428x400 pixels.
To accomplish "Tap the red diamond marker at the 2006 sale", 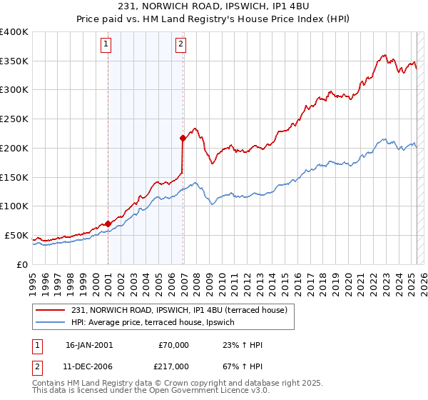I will coord(183,137).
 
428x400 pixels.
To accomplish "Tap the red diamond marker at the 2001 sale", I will coord(108,224).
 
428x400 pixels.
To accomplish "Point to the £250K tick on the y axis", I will coord(14,119).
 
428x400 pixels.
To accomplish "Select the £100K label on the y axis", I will coord(14,206).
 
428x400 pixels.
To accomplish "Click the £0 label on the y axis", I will coord(22,264).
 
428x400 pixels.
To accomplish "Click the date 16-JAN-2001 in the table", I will coord(89,345).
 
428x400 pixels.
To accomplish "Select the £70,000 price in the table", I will coord(174,345).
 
